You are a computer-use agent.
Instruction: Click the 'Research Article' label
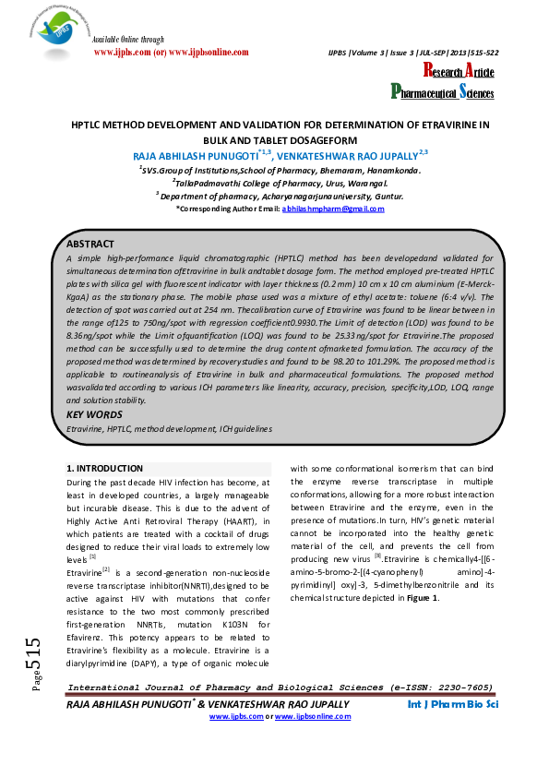coord(458,72)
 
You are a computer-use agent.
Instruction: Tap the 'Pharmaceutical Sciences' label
coord(442,91)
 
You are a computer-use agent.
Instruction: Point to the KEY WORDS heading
coord(93,415)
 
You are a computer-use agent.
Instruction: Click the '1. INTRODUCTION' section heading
coord(105,469)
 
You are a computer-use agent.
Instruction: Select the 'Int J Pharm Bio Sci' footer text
coord(453,730)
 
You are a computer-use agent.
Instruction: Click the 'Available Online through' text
coord(129,40)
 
